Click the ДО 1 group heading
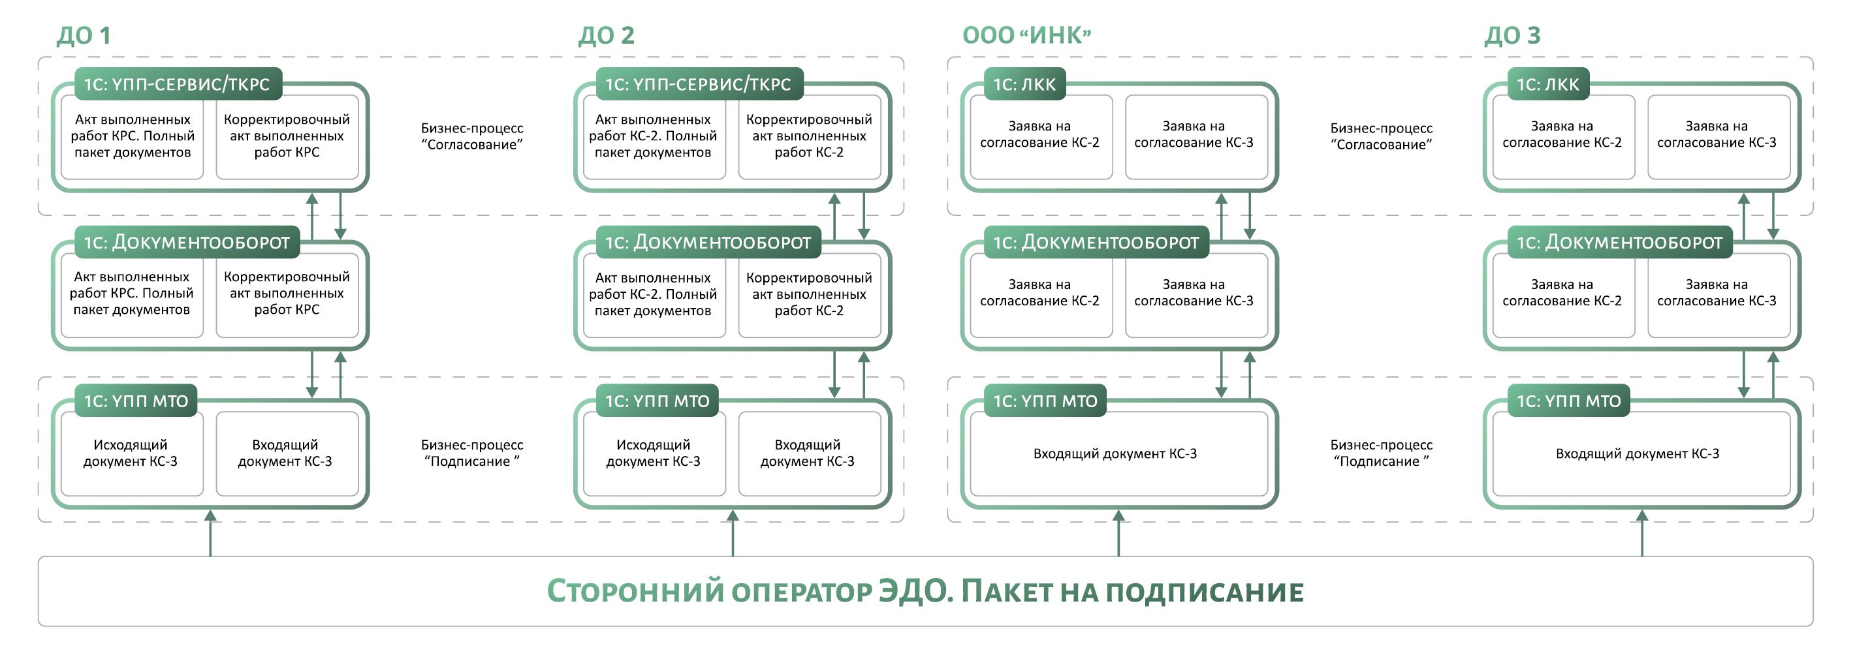click(x=84, y=35)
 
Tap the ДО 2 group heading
click(x=606, y=35)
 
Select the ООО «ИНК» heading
click(x=1026, y=35)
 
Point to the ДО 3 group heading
click(x=1512, y=35)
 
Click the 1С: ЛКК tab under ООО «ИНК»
click(x=1024, y=84)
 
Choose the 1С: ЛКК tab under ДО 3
click(x=1547, y=84)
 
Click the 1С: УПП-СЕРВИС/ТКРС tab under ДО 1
click(x=177, y=84)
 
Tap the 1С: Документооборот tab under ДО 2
click(x=708, y=242)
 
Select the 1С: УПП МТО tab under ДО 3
click(x=1568, y=401)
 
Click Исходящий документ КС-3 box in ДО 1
click(x=131, y=453)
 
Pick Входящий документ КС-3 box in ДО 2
click(x=808, y=453)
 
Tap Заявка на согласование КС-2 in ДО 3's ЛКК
click(x=1562, y=135)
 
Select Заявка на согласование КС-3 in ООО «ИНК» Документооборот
click(x=1195, y=294)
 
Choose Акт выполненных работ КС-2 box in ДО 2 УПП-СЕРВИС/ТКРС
click(x=653, y=136)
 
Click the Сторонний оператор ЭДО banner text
click(x=925, y=592)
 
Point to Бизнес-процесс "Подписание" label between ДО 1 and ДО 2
click(x=472, y=453)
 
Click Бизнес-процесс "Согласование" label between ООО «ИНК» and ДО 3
click(x=1381, y=136)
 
